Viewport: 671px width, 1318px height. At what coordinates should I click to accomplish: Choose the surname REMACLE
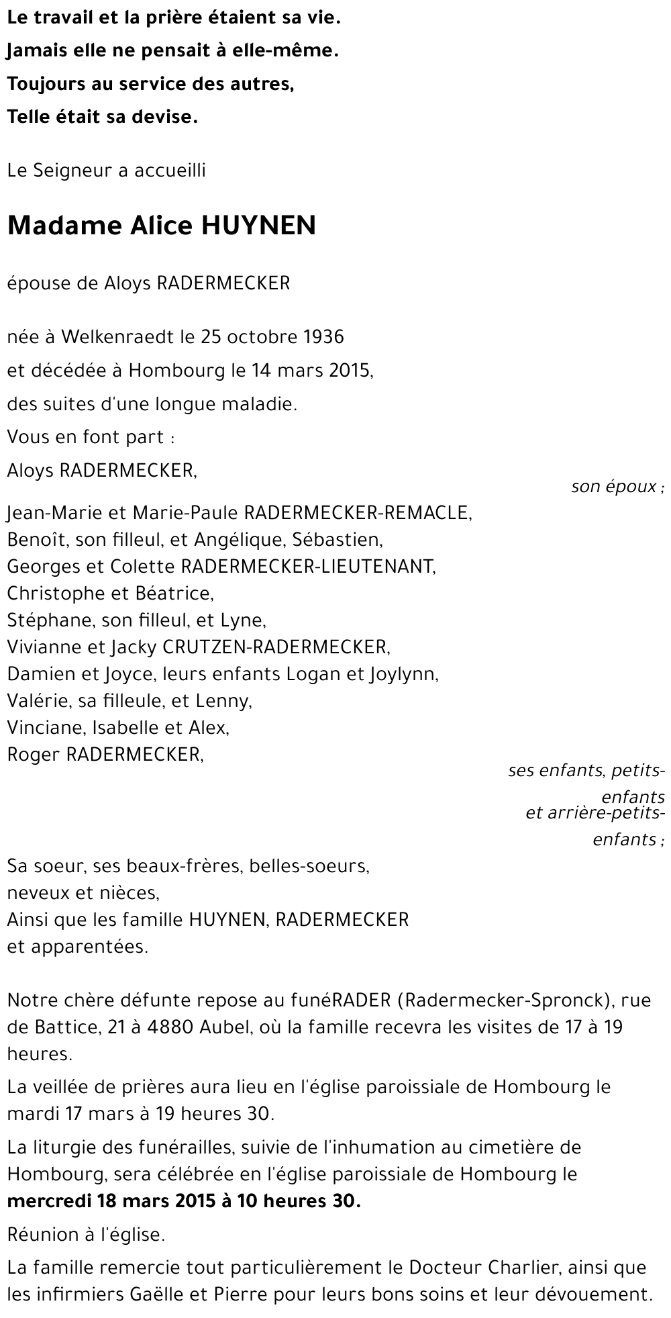pyautogui.click(x=428, y=513)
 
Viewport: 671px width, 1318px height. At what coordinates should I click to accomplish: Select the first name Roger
pyautogui.click(x=34, y=755)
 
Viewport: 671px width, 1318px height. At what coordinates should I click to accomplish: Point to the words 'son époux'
pyautogui.click(x=614, y=487)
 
